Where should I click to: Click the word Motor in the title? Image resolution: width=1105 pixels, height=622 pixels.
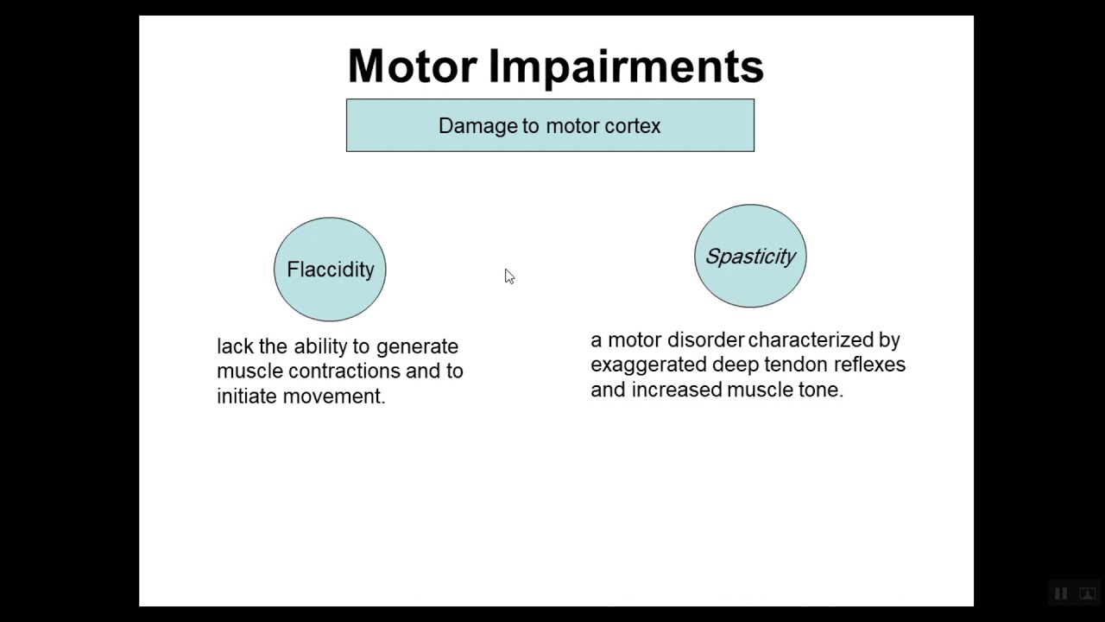412,67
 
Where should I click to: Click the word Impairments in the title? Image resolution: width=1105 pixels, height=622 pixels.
626,67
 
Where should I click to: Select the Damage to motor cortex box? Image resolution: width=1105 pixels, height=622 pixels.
550,126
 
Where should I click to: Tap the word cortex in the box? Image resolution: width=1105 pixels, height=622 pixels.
632,126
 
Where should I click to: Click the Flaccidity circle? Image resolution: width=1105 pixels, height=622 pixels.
330,270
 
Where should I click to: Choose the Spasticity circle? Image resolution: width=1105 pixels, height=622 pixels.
750,257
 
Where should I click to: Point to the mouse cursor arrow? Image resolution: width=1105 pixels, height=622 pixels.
508,276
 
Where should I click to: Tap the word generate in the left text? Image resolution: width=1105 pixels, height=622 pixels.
417,347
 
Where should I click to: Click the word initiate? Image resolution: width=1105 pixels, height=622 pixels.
247,396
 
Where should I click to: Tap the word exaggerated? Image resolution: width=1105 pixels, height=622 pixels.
648,365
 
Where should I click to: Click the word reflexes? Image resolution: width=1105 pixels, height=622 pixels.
869,365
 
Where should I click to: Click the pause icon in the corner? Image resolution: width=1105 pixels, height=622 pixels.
1061,593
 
